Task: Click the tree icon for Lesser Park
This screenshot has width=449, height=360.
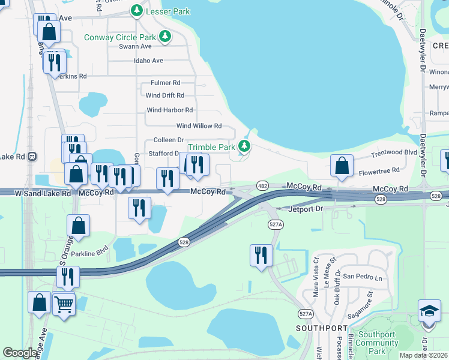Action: coord(137,10)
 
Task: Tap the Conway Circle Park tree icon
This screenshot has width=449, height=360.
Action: coord(164,36)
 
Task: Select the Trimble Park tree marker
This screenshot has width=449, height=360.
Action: coord(244,146)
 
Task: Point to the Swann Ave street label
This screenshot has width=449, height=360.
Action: coord(136,46)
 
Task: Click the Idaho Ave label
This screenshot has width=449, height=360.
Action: coord(149,61)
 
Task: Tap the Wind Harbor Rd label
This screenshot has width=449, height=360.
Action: coord(169,110)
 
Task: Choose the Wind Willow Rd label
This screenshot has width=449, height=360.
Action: coord(199,126)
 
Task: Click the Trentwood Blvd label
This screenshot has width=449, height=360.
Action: coord(394,153)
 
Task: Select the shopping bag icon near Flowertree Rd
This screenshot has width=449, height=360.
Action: coord(341,166)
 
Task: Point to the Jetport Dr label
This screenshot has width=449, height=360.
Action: coord(306,209)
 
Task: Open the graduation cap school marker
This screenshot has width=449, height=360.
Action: coord(429,312)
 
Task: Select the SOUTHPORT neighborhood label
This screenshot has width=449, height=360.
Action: coord(321,328)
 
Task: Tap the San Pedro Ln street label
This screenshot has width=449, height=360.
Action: coord(362,277)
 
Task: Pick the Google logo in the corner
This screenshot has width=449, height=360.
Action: coord(20,353)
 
